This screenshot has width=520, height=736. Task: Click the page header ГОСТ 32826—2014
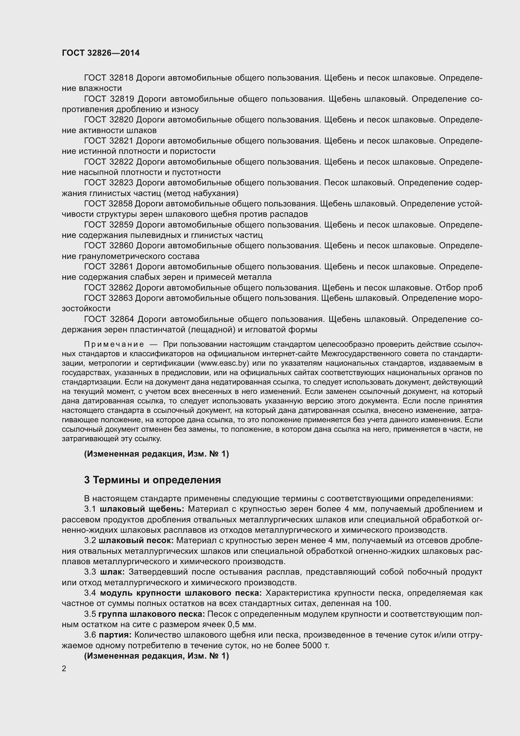point(101,53)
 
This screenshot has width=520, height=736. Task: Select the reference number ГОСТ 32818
point(108,78)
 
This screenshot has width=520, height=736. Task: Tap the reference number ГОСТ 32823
point(108,183)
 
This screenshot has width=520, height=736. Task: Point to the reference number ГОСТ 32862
point(108,288)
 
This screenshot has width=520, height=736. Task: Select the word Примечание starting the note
point(114,344)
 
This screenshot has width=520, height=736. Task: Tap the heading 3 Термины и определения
point(152,480)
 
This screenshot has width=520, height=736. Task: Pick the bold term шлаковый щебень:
point(142,509)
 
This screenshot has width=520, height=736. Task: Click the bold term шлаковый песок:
point(136,541)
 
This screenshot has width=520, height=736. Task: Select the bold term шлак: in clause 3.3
point(112,572)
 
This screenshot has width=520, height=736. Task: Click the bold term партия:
point(115,635)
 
